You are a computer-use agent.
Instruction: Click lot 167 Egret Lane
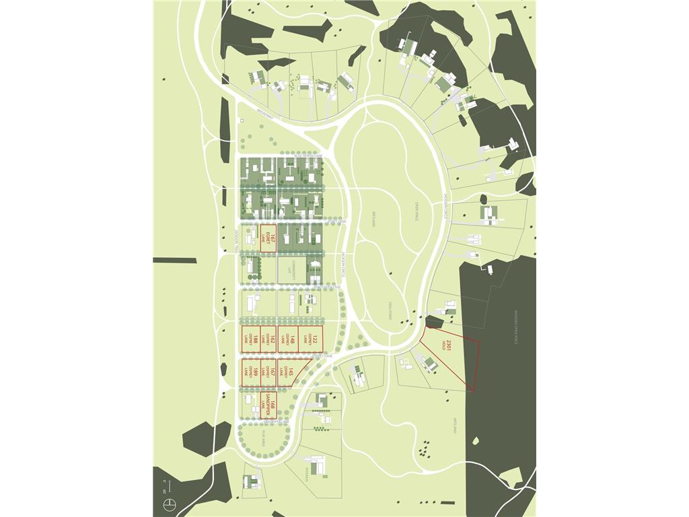pos(268,238)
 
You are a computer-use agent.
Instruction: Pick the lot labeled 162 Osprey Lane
pos(268,339)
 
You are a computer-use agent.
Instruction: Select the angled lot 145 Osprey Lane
pos(290,372)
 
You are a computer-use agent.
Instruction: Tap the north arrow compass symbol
pos(172,504)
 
